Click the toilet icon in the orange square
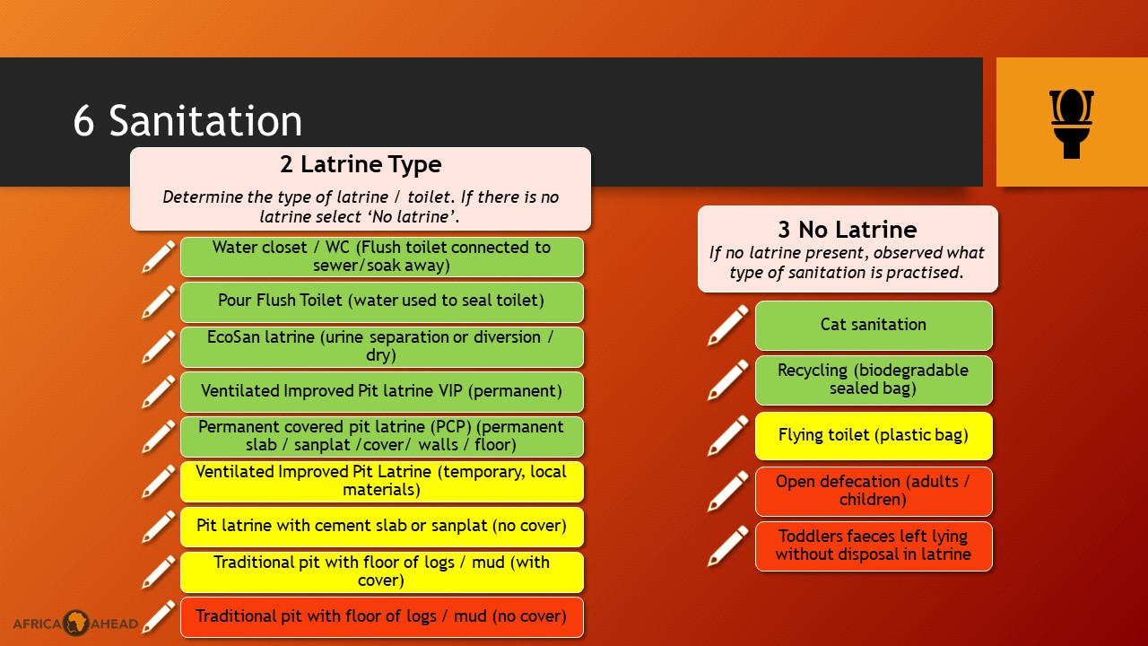tap(1072, 124)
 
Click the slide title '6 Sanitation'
tap(187, 121)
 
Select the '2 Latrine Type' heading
tap(361, 164)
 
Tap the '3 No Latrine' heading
tap(848, 229)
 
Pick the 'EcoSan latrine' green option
tap(382, 347)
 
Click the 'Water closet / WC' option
tap(382, 257)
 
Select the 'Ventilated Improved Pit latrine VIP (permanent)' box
tap(382, 392)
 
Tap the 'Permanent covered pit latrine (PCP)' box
tap(382, 437)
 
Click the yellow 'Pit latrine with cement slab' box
tap(382, 527)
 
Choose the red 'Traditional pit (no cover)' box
tap(382, 617)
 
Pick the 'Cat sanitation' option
tap(874, 326)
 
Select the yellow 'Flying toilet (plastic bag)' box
tap(874, 436)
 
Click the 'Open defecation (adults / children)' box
tap(874, 491)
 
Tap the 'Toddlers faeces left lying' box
tap(874, 546)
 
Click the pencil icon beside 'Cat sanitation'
tap(727, 325)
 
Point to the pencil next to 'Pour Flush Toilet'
tap(159, 302)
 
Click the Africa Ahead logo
tap(76, 623)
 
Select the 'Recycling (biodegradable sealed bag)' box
tap(874, 380)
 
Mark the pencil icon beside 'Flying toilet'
tap(727, 436)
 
